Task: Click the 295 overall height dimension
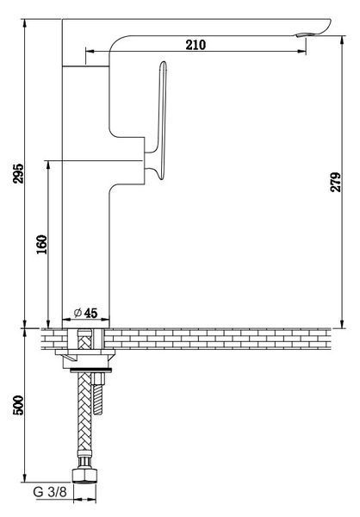(18, 173)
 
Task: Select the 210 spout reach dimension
(196, 45)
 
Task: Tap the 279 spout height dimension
(336, 182)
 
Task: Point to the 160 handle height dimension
(42, 244)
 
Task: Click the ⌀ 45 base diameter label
(86, 313)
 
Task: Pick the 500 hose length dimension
(18, 405)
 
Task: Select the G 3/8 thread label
(50, 492)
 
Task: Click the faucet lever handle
(160, 121)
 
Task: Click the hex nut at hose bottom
(84, 475)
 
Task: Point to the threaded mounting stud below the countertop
(98, 394)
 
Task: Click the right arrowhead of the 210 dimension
(301, 51)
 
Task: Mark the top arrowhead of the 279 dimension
(343, 40)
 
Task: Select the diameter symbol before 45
(78, 312)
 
